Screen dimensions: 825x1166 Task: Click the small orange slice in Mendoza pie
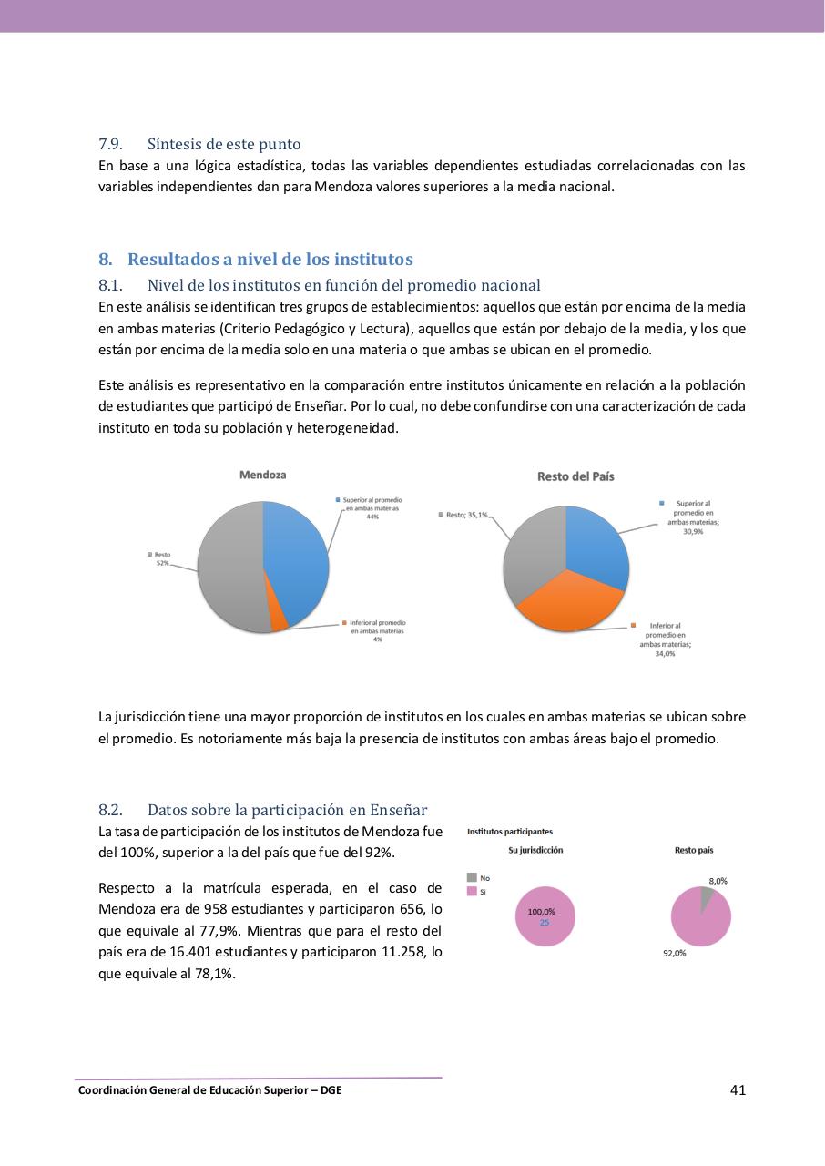point(279,620)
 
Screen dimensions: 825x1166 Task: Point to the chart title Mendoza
point(262,475)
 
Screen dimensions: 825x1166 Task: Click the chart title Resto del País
point(575,476)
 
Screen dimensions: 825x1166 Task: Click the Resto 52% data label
point(162,558)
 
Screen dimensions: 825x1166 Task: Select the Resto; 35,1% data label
point(464,515)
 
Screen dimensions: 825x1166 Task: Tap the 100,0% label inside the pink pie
point(542,912)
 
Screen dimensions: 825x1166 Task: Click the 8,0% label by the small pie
point(718,881)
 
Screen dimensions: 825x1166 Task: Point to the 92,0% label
point(674,953)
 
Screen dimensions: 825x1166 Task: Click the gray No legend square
point(472,877)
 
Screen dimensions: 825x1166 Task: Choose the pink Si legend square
point(472,892)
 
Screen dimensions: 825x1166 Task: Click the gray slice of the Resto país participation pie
point(706,898)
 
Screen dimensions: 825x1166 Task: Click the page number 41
point(738,1089)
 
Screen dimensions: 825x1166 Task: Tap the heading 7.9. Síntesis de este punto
point(199,144)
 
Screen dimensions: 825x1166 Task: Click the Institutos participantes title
point(509,831)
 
